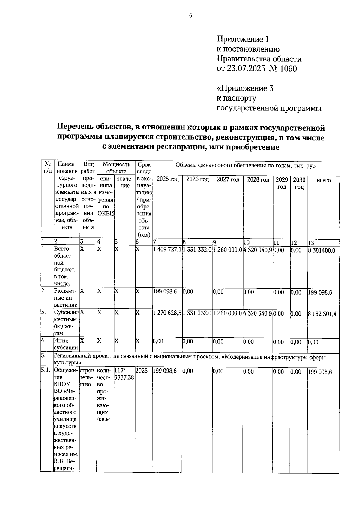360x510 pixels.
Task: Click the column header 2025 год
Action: point(168,179)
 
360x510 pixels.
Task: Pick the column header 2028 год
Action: point(258,179)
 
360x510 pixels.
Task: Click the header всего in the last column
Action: point(324,180)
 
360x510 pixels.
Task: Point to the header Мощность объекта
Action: point(116,168)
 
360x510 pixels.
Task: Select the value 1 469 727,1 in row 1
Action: point(167,250)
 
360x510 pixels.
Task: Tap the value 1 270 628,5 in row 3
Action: point(167,313)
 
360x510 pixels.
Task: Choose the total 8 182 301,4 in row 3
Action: point(322,314)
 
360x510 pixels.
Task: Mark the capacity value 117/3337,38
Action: point(124,374)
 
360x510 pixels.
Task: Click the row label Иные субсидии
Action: point(66,344)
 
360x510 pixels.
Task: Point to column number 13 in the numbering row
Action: point(311,243)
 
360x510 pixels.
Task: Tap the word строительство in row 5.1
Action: point(88,377)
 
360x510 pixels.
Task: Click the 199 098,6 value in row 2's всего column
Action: point(320,293)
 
